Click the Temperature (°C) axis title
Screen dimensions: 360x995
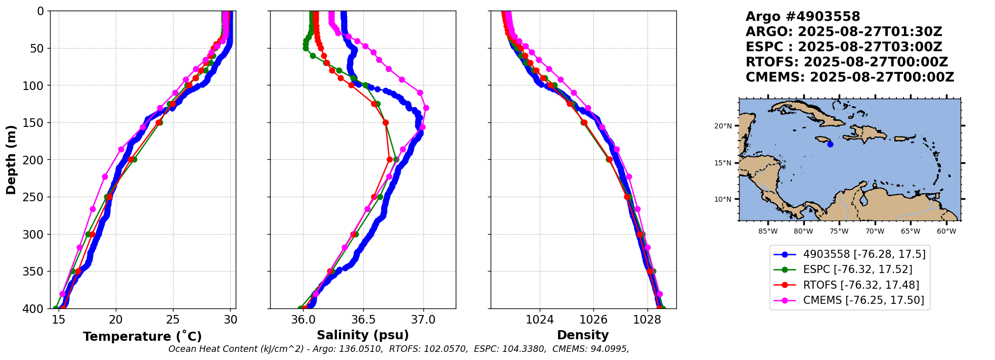(x=142, y=336)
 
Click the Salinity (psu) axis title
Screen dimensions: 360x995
(x=363, y=335)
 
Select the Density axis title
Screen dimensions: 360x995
(x=583, y=335)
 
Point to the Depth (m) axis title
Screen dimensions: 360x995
(x=11, y=160)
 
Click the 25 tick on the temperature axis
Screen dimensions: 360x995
(x=173, y=320)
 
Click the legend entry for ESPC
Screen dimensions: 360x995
(x=857, y=269)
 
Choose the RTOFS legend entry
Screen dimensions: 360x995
(x=861, y=285)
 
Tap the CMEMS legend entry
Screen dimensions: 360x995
(x=863, y=300)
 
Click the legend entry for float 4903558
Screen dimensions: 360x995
(x=864, y=254)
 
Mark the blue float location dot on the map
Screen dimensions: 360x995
(x=830, y=144)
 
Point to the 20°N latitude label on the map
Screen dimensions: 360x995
(x=723, y=126)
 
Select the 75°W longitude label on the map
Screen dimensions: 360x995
(x=839, y=232)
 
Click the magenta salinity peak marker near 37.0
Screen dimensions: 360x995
(x=426, y=108)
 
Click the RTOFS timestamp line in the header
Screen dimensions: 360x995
(x=847, y=62)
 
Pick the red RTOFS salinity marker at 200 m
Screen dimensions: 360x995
(x=390, y=159)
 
